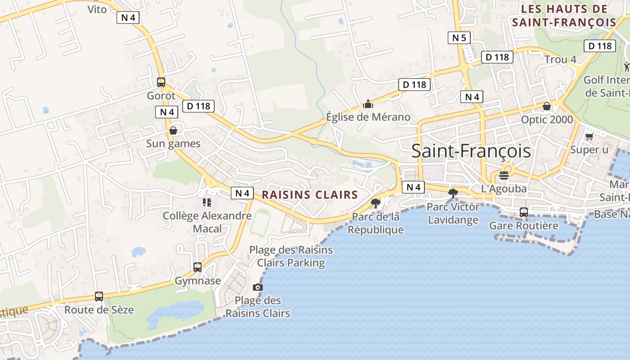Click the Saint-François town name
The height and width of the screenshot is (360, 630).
471,151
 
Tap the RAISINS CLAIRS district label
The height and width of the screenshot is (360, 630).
310,195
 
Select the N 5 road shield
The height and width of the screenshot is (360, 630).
459,38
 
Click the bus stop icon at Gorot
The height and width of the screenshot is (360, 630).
161,82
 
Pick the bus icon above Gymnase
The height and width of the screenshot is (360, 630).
198,267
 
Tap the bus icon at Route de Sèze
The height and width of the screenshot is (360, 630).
99,297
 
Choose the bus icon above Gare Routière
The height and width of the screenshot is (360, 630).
524,212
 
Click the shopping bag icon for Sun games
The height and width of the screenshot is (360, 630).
173,130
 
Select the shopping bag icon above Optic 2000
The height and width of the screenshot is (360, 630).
547,106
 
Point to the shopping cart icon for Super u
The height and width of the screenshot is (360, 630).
589,136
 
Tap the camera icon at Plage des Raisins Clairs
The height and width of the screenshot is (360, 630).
257,287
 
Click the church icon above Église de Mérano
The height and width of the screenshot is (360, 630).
368,104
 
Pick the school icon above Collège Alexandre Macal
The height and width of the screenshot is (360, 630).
207,202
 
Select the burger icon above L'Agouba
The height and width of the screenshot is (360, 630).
504,175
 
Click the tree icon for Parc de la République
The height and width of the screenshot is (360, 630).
375,203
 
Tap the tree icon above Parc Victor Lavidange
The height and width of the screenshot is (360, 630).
453,193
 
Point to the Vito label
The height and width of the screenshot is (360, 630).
97,9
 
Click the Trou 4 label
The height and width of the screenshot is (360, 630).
560,59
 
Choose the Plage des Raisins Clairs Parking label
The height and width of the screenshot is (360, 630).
291,256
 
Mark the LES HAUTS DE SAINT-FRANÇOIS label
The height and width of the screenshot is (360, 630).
564,15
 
